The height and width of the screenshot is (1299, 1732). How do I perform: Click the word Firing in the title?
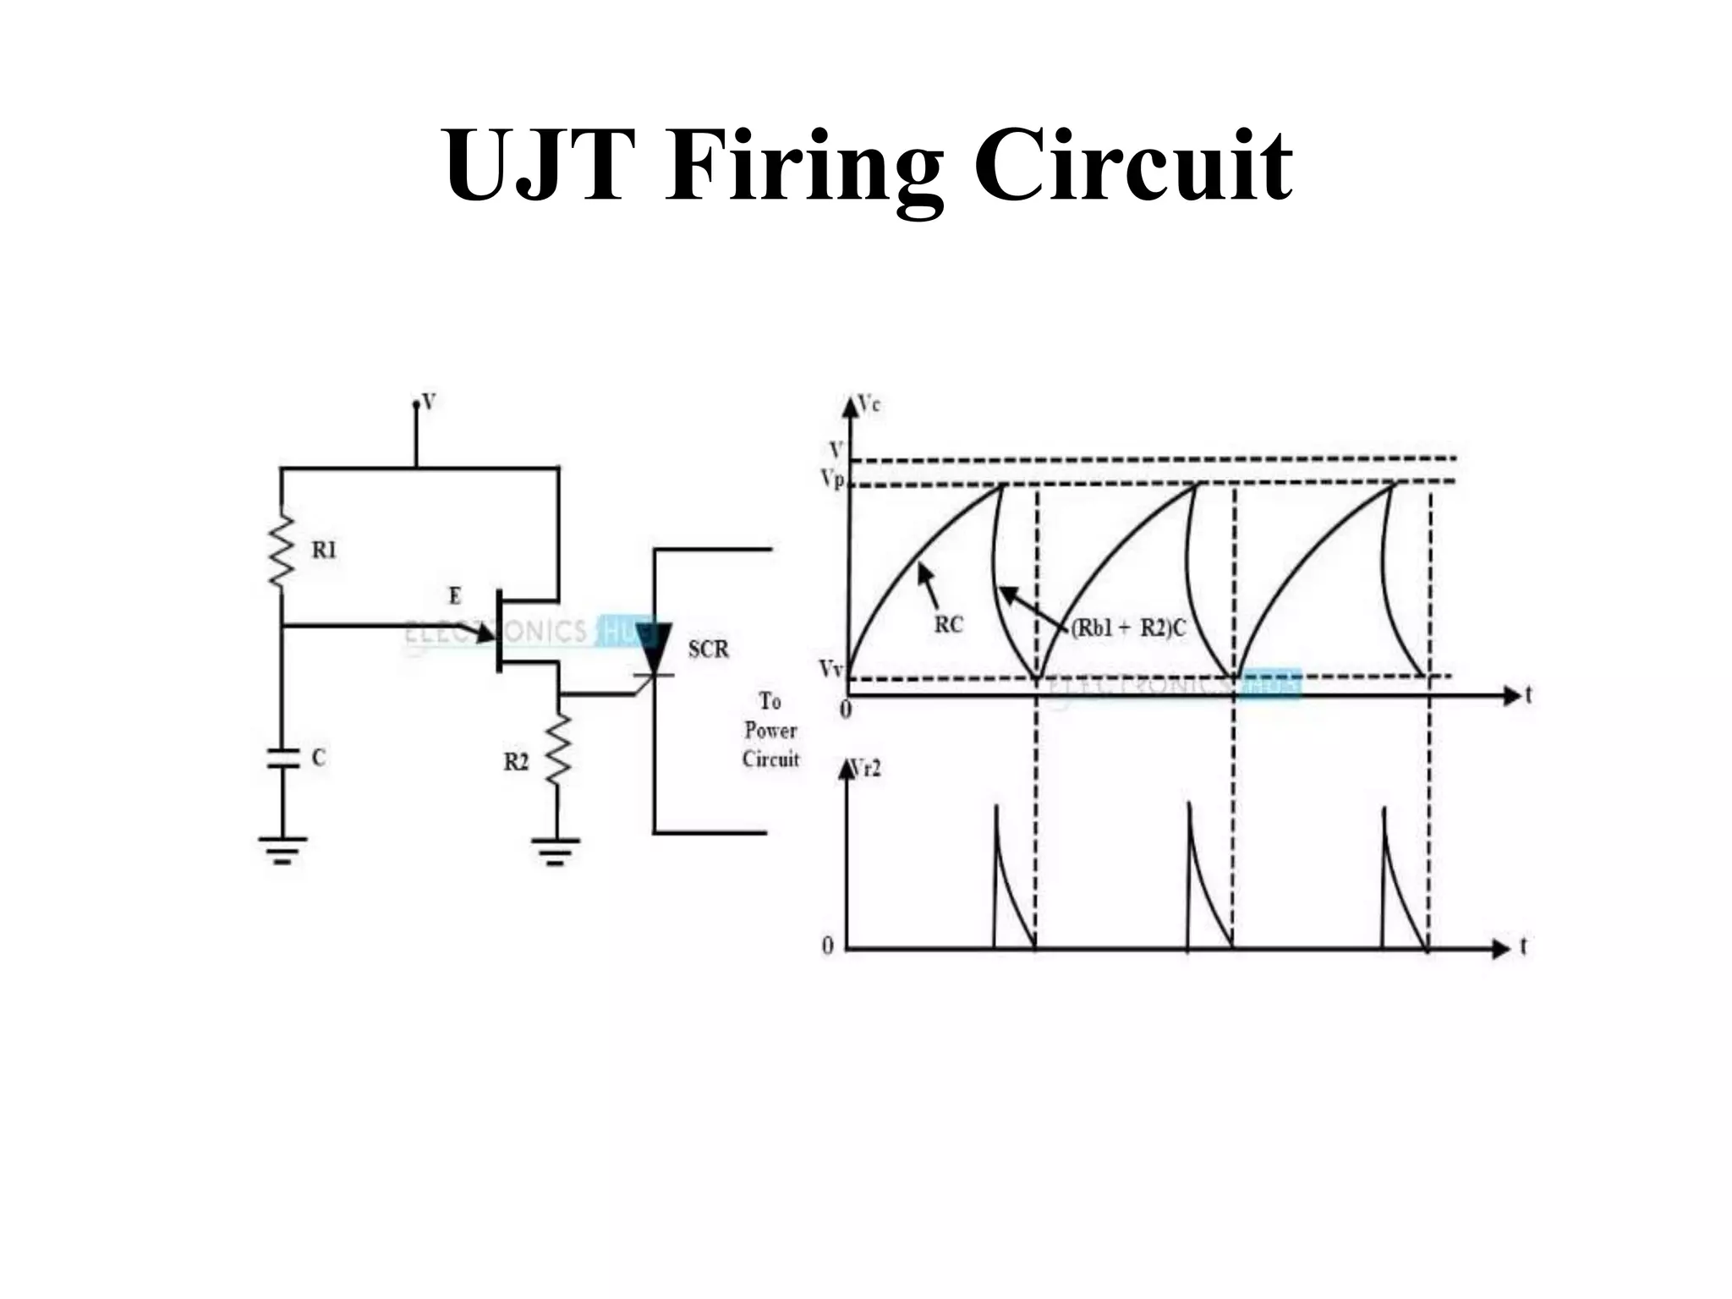pos(803,167)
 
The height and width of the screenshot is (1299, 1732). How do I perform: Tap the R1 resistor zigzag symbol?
pos(282,550)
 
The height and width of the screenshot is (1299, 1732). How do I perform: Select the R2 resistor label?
pos(516,762)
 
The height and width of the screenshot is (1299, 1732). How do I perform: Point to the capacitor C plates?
pos(283,758)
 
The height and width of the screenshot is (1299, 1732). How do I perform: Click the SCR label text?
pos(708,649)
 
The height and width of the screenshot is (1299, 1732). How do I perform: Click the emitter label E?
pos(455,596)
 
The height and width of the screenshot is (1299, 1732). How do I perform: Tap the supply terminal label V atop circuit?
pos(429,402)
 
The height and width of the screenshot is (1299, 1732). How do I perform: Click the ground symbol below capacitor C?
pos(282,849)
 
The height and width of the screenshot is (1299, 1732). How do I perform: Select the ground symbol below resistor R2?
pos(556,851)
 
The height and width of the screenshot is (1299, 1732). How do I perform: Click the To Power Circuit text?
pos(770,731)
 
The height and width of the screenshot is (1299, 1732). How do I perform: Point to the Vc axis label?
pos(869,405)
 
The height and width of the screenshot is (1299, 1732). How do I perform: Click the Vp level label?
pos(832,480)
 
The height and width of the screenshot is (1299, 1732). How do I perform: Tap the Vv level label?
pos(830,669)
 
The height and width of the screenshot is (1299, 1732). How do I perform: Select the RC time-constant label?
pos(948,625)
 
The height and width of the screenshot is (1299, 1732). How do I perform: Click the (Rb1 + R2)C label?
pos(1128,628)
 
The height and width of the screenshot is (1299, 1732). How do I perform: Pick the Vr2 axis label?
pos(866,769)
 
